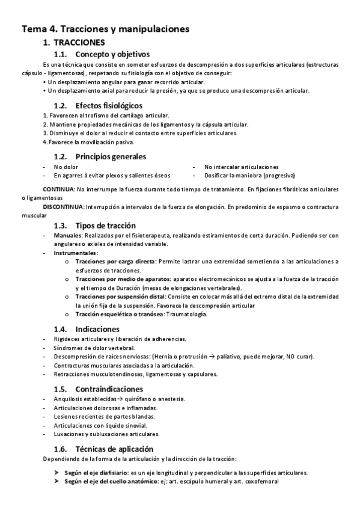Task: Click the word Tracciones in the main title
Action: coord(84,28)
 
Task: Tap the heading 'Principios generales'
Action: coord(111,156)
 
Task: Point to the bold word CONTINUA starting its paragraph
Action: coord(59,189)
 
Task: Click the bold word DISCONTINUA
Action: coord(63,206)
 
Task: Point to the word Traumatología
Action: coord(184,315)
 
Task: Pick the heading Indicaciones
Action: coord(97,329)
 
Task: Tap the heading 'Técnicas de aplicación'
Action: coord(115,449)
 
